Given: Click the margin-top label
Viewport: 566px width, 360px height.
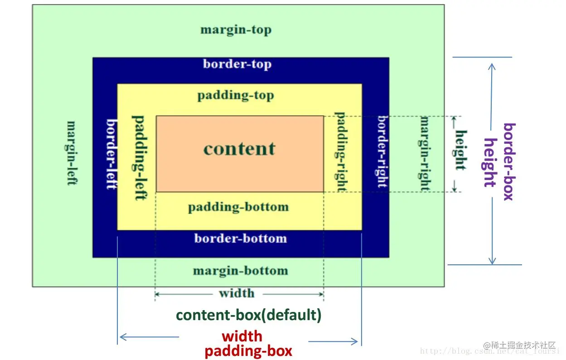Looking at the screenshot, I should (236, 30).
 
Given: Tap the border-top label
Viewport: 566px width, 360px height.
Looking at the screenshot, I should (237, 63).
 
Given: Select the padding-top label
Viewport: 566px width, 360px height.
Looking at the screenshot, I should (236, 96).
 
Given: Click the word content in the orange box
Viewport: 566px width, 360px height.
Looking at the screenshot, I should (239, 149).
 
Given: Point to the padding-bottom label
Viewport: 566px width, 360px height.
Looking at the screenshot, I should (238, 207).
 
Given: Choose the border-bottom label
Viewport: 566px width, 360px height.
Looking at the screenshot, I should (241, 238).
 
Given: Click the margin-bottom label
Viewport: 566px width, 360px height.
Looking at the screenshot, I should (240, 271).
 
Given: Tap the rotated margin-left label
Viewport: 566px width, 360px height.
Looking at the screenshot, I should (71, 152).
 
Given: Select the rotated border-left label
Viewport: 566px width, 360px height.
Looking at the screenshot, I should (112, 154).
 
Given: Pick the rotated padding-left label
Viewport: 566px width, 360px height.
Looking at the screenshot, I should (139, 157).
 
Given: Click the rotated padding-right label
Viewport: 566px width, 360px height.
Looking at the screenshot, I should (341, 151).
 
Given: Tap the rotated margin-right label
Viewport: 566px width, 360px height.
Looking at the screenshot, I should (425, 153).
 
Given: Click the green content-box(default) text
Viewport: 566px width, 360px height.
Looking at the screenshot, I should (249, 315).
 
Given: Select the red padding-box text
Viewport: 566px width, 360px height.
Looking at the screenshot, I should (248, 351).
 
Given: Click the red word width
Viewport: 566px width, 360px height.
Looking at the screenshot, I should (242, 336).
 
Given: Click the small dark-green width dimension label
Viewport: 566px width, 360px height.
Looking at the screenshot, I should (237, 293).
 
